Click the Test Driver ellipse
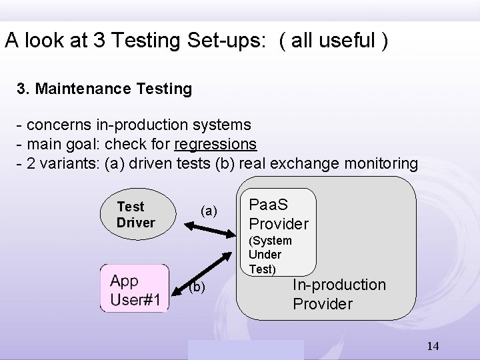[136, 215]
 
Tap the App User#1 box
[135, 289]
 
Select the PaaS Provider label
[278, 214]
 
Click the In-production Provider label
[339, 294]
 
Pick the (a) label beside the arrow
[209, 211]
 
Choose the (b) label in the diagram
[197, 287]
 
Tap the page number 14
[433, 346]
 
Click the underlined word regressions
[215, 143]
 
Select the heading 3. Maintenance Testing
[105, 88]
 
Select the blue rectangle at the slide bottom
[245, 349]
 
